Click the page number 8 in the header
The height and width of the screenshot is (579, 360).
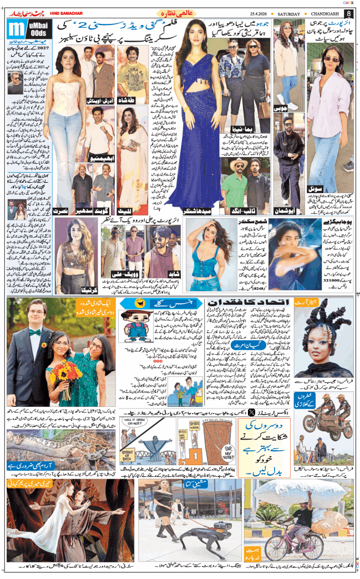348,13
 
